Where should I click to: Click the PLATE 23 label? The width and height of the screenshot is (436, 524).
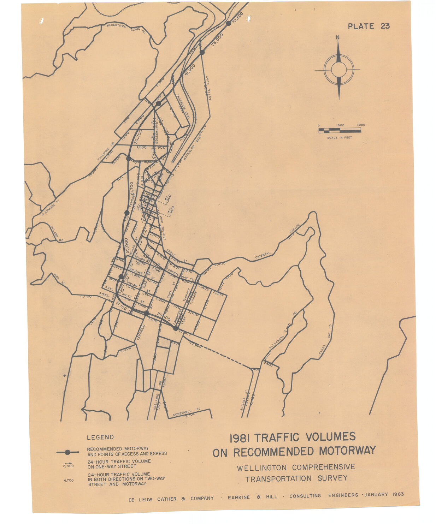point(369,26)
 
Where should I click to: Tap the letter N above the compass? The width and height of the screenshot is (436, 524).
point(338,37)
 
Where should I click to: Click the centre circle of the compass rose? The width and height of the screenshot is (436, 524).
point(338,70)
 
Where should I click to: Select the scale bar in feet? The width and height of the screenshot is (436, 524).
point(340,131)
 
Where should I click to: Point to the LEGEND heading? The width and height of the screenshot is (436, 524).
point(100,437)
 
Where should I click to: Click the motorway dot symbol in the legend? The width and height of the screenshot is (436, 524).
point(67,452)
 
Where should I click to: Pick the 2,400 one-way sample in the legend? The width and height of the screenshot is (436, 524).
point(69,466)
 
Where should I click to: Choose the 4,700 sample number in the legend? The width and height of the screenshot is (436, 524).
point(68,480)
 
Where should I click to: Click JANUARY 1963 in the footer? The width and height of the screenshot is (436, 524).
point(384,494)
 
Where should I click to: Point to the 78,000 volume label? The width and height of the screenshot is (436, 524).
point(218,40)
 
